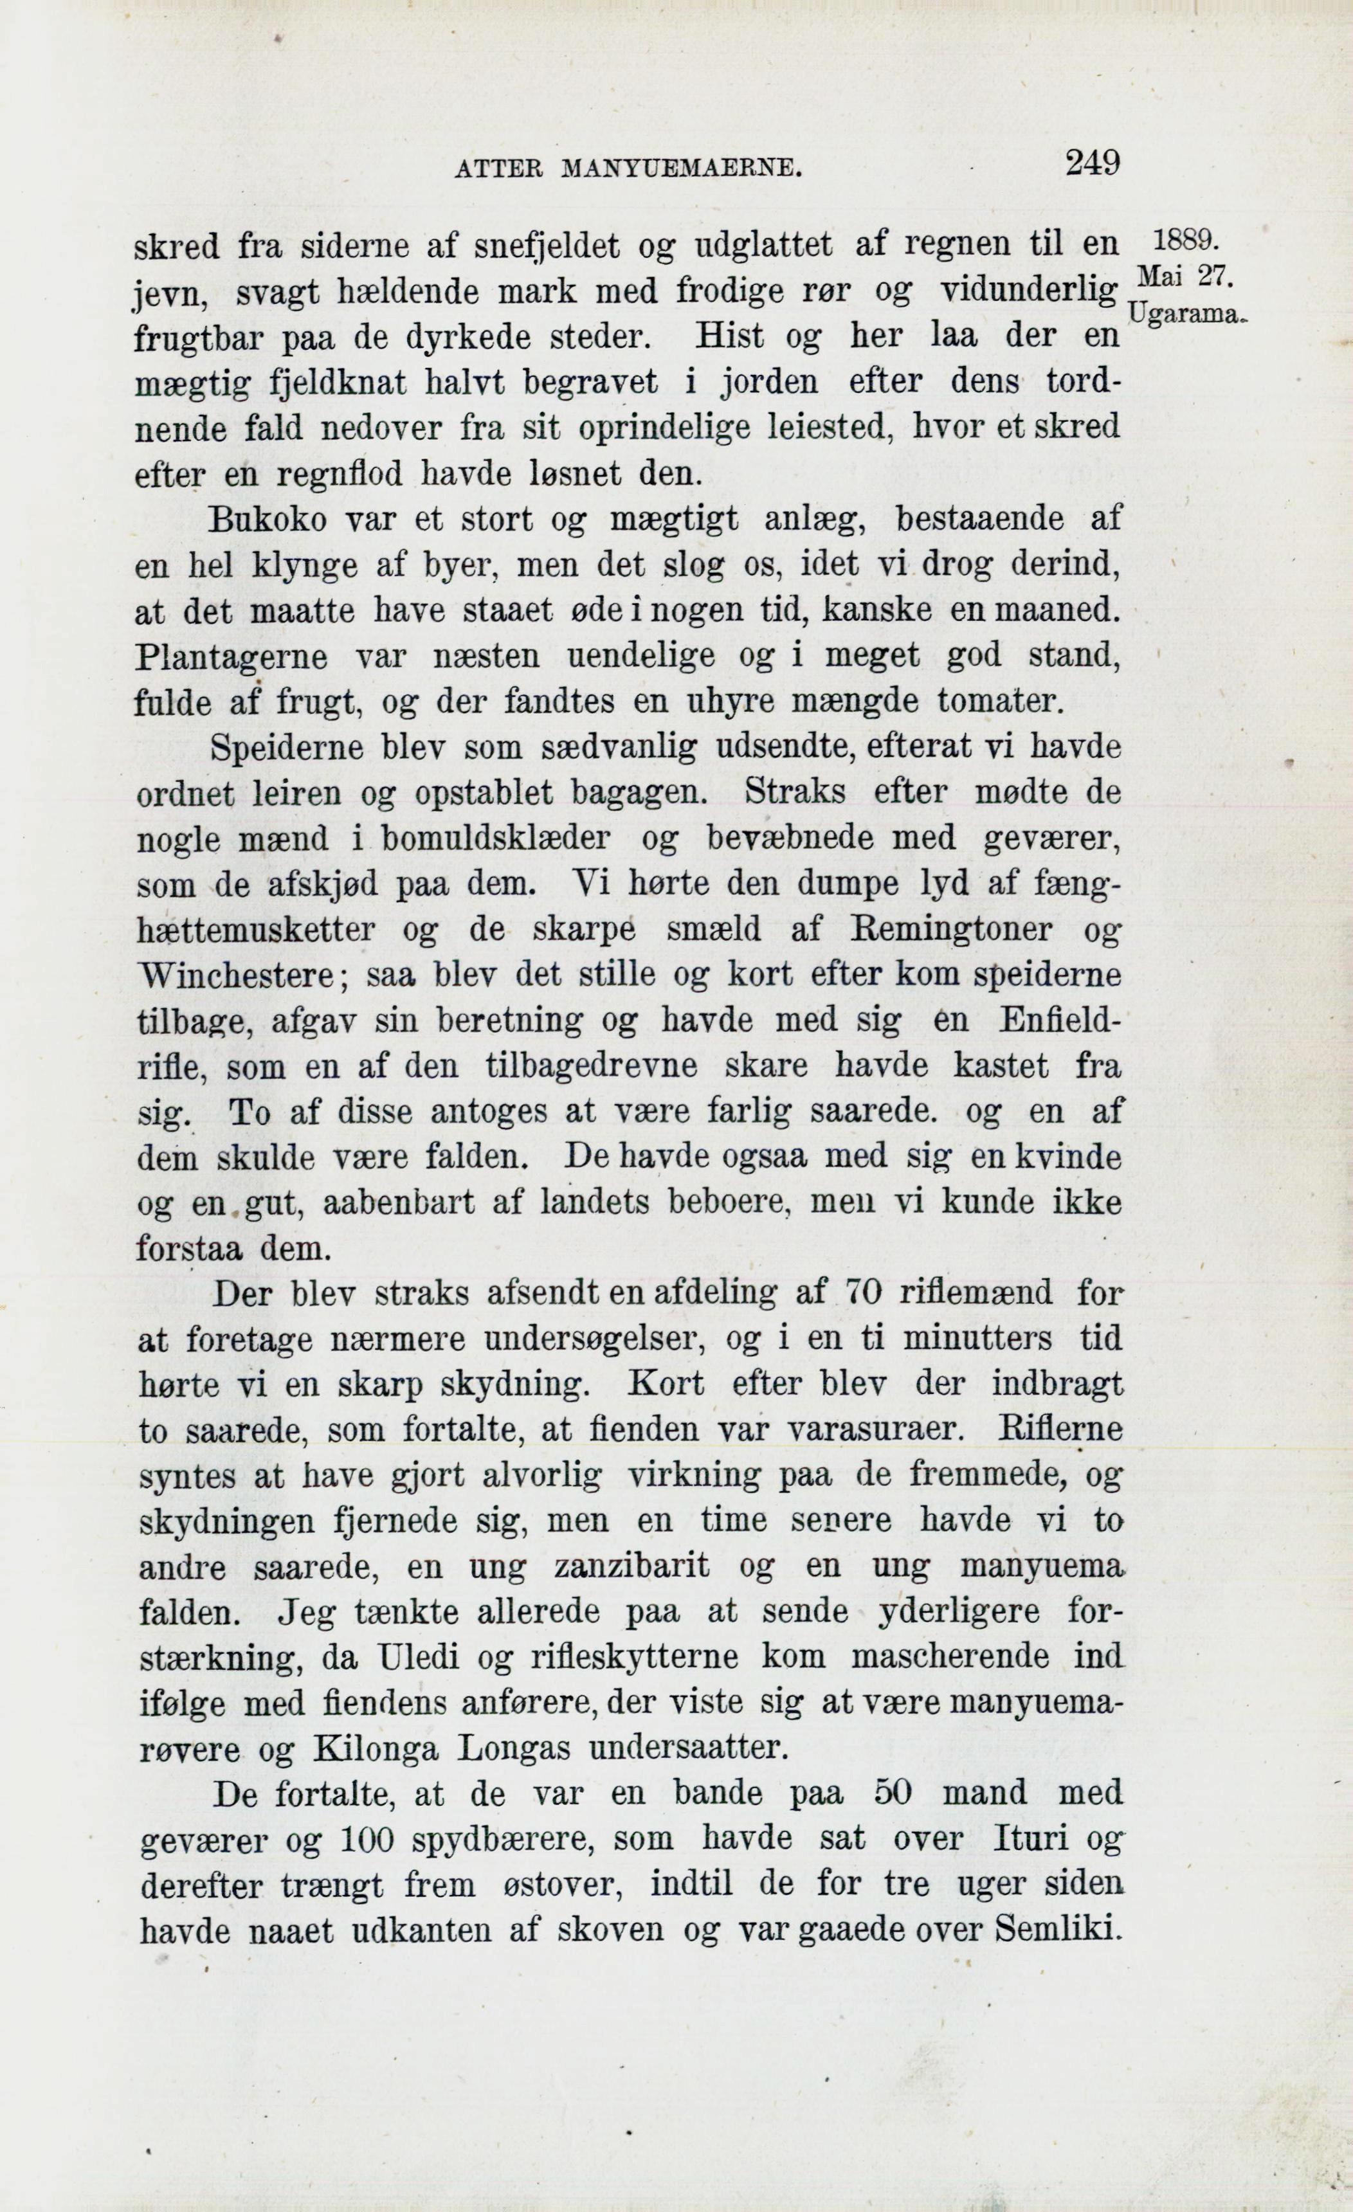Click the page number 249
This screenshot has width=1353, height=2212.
tap(1092, 163)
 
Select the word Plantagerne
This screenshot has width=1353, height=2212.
tap(231, 657)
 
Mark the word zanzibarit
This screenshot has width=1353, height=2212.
tap(631, 1566)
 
